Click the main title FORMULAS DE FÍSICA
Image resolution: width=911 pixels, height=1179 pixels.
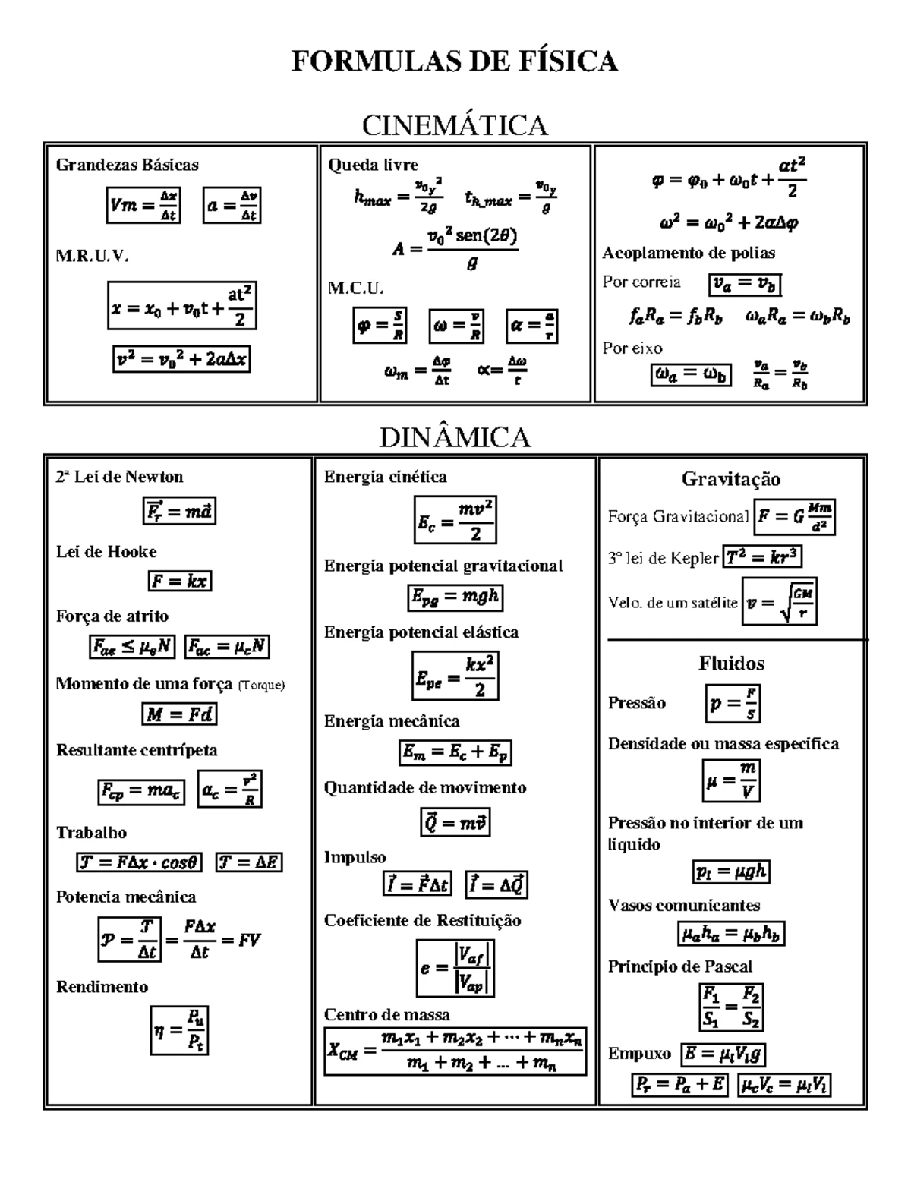455,61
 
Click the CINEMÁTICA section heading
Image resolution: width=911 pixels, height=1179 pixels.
455,125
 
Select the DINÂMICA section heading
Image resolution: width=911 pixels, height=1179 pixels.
455,437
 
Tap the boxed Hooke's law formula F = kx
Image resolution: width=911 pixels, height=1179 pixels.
179,582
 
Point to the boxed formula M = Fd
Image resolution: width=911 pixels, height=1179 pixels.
179,714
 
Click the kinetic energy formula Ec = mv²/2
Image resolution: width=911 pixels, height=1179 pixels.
455,521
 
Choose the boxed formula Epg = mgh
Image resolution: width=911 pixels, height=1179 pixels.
455,597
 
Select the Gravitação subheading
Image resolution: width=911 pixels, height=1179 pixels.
730,479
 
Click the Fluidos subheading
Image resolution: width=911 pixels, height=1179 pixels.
731,664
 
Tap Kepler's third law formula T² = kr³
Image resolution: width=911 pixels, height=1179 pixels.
762,557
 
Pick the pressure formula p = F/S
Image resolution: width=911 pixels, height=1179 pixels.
733,704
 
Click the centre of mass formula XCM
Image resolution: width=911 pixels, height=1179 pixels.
455,1051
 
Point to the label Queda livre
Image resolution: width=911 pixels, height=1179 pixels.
373,165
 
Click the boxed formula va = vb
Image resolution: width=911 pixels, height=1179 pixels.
745,284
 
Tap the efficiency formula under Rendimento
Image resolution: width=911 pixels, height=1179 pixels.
179,1030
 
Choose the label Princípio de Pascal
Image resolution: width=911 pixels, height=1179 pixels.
679,966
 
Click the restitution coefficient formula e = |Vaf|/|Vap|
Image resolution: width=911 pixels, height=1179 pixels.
455,968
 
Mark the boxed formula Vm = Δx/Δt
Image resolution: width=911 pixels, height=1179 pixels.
143,205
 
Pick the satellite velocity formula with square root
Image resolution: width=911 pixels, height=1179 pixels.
780,603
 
